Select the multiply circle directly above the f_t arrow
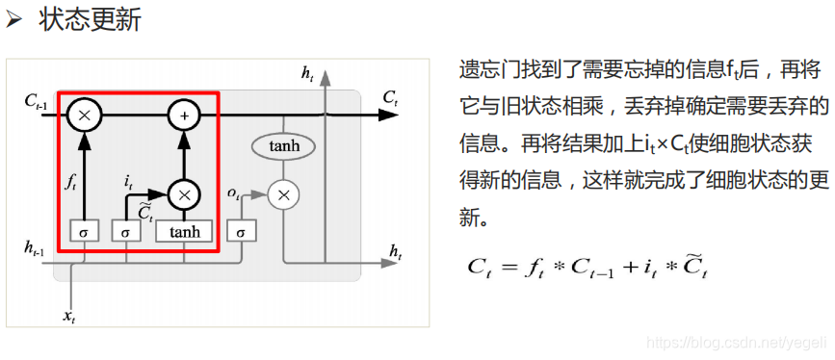[85, 116]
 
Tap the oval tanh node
[283, 146]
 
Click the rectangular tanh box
[184, 232]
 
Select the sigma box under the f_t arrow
[85, 232]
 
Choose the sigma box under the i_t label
[124, 232]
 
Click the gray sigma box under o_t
[241, 232]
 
